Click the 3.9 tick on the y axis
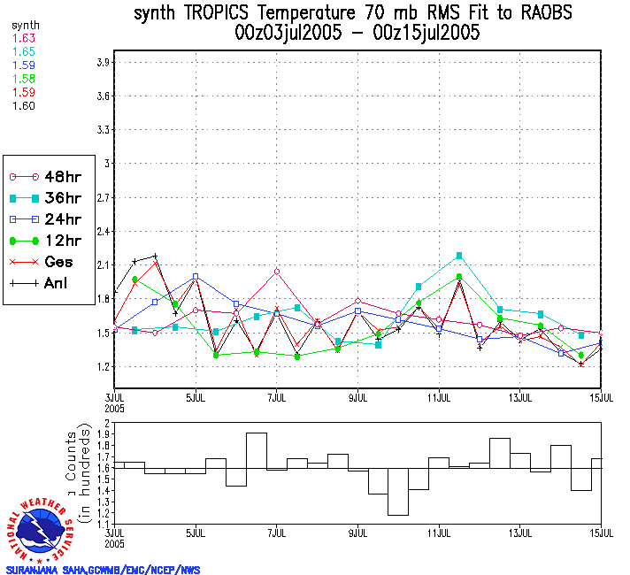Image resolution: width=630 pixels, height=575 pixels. coord(103,63)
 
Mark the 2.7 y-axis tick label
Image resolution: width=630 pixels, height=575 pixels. coord(103,197)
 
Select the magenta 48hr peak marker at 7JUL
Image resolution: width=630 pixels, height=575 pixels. coord(277,272)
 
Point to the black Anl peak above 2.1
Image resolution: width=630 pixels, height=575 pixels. coord(155,256)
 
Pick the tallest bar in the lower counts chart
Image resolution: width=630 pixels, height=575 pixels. coord(257,452)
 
